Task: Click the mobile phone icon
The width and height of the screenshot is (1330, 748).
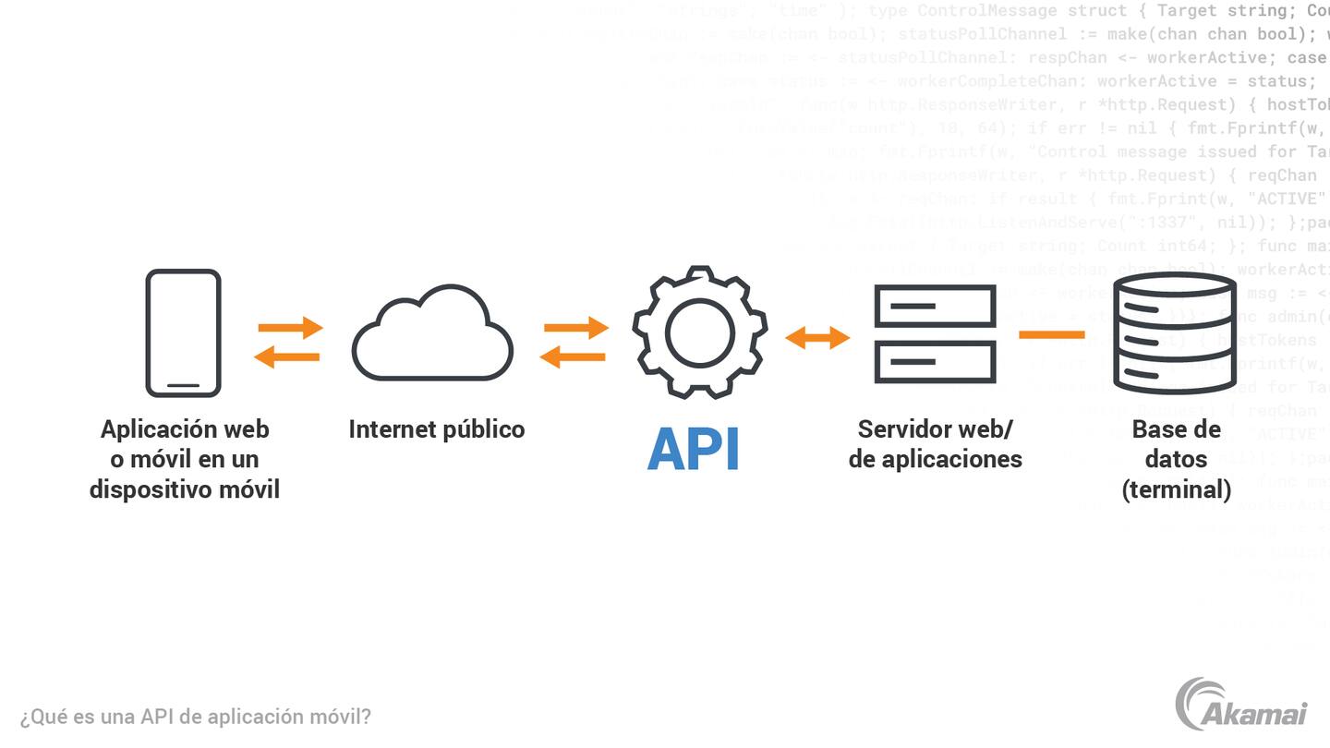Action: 183,332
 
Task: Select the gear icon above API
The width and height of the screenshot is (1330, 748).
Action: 699,332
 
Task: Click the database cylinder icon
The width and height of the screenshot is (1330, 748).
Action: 1175,333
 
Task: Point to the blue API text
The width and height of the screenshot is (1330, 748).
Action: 694,450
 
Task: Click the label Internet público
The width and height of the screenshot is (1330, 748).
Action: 436,429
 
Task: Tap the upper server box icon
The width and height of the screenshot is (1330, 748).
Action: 935,306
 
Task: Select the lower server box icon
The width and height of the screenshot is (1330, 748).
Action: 935,362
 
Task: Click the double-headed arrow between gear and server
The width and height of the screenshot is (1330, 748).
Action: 817,338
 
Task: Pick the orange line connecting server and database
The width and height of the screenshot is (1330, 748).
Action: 1051,334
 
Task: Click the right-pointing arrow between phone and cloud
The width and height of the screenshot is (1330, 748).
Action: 290,327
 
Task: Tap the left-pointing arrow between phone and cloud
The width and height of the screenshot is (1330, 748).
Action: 287,356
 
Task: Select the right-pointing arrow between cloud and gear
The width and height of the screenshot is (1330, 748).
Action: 575,327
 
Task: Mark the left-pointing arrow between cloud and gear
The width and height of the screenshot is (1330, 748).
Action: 573,356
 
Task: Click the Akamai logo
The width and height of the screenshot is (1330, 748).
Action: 1242,705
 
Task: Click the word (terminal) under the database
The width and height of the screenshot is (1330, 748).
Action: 1176,489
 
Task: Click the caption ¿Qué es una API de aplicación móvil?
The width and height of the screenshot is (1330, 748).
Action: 196,717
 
